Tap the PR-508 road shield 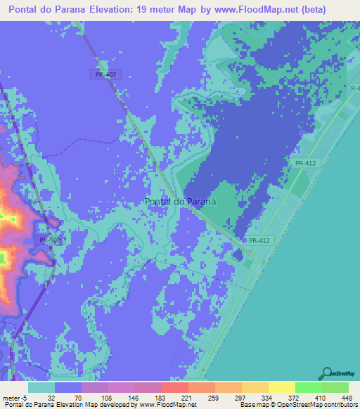click(x=49, y=240)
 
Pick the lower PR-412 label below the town click(x=259, y=241)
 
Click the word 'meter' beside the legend click(x=11, y=397)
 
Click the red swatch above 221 click(x=174, y=387)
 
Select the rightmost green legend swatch click(x=335, y=387)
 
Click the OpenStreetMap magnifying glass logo click(x=327, y=373)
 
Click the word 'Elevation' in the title click(x=108, y=10)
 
